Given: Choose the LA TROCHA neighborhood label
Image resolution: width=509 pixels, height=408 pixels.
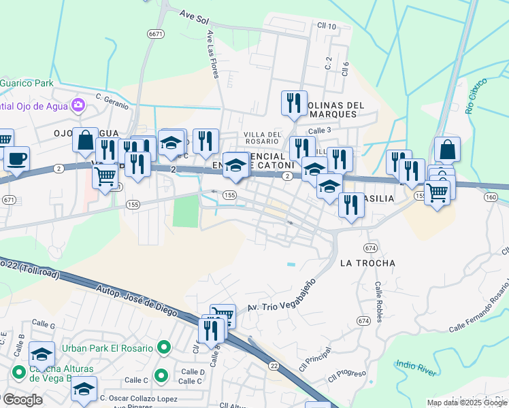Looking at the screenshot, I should coord(367,262).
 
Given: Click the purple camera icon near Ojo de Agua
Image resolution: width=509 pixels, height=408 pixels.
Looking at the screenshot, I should coord(78,105).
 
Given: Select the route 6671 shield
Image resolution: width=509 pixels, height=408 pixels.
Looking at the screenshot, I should coord(155,33).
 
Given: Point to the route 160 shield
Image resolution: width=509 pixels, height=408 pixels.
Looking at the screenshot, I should coord(491,197).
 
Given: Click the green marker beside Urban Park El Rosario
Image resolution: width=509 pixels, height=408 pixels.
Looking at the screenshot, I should coord(163,348).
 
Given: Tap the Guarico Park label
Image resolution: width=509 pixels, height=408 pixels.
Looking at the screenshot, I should coord(27,83).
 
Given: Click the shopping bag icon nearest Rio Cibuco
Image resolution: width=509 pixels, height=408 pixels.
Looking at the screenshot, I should coord(447,149).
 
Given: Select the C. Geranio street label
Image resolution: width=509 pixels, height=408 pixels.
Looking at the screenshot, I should coord(112,97).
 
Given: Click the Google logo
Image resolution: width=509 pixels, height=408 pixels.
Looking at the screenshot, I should coord(22,400).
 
